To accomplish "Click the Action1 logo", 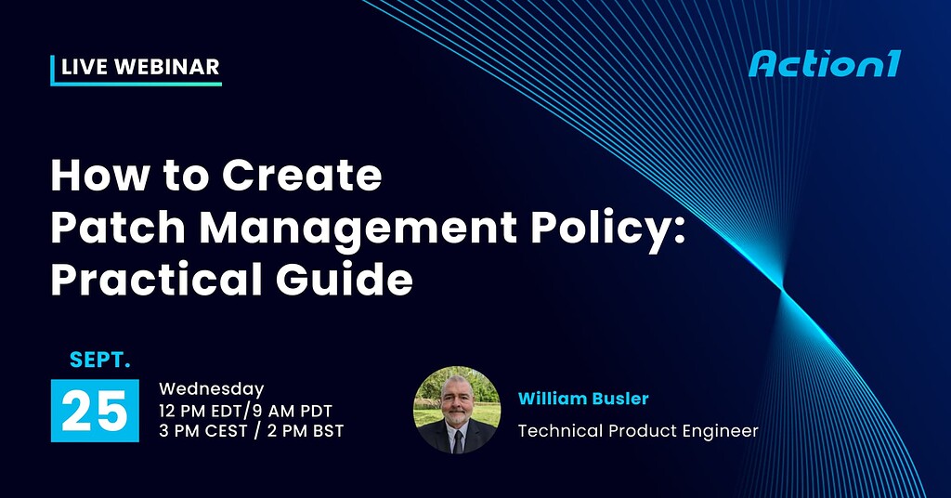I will pos(824,64).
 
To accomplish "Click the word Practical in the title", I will pos(163,280).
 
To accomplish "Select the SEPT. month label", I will pos(100,359).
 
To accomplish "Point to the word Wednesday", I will pos(212,389).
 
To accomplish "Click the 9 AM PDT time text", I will pos(293,410).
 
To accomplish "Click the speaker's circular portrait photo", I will pos(456,410).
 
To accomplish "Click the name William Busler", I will pos(583,399).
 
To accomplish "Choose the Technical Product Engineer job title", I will pos(638,431).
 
